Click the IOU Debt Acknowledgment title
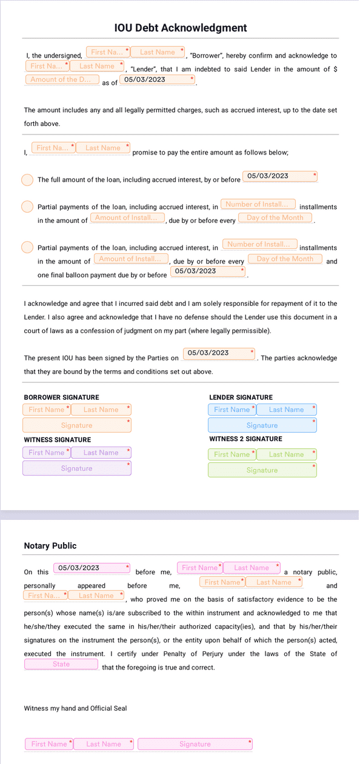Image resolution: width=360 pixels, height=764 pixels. point(180,28)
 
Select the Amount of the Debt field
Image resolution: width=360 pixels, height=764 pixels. point(62,79)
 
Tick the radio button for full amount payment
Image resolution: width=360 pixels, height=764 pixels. point(27,180)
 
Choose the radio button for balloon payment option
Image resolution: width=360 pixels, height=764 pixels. point(27,247)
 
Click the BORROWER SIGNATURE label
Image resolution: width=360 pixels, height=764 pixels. point(53,397)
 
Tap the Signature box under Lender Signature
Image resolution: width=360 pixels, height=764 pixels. point(262,425)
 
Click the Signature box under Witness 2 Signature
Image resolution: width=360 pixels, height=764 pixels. point(262,470)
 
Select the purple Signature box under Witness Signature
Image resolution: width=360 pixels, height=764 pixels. point(77,468)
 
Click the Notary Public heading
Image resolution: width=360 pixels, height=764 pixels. point(50,546)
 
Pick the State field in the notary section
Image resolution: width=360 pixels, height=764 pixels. point(61,665)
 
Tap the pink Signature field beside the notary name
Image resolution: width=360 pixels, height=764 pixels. point(195,744)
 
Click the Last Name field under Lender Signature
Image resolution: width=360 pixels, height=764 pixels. point(286,410)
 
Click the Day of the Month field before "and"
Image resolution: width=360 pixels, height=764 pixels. point(285,259)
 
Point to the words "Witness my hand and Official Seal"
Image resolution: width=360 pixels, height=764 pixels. point(75,708)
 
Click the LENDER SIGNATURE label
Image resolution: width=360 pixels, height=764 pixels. point(241,397)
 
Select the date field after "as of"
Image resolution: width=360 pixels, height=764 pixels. point(158,79)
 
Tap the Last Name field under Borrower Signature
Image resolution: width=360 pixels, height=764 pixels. point(101,410)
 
